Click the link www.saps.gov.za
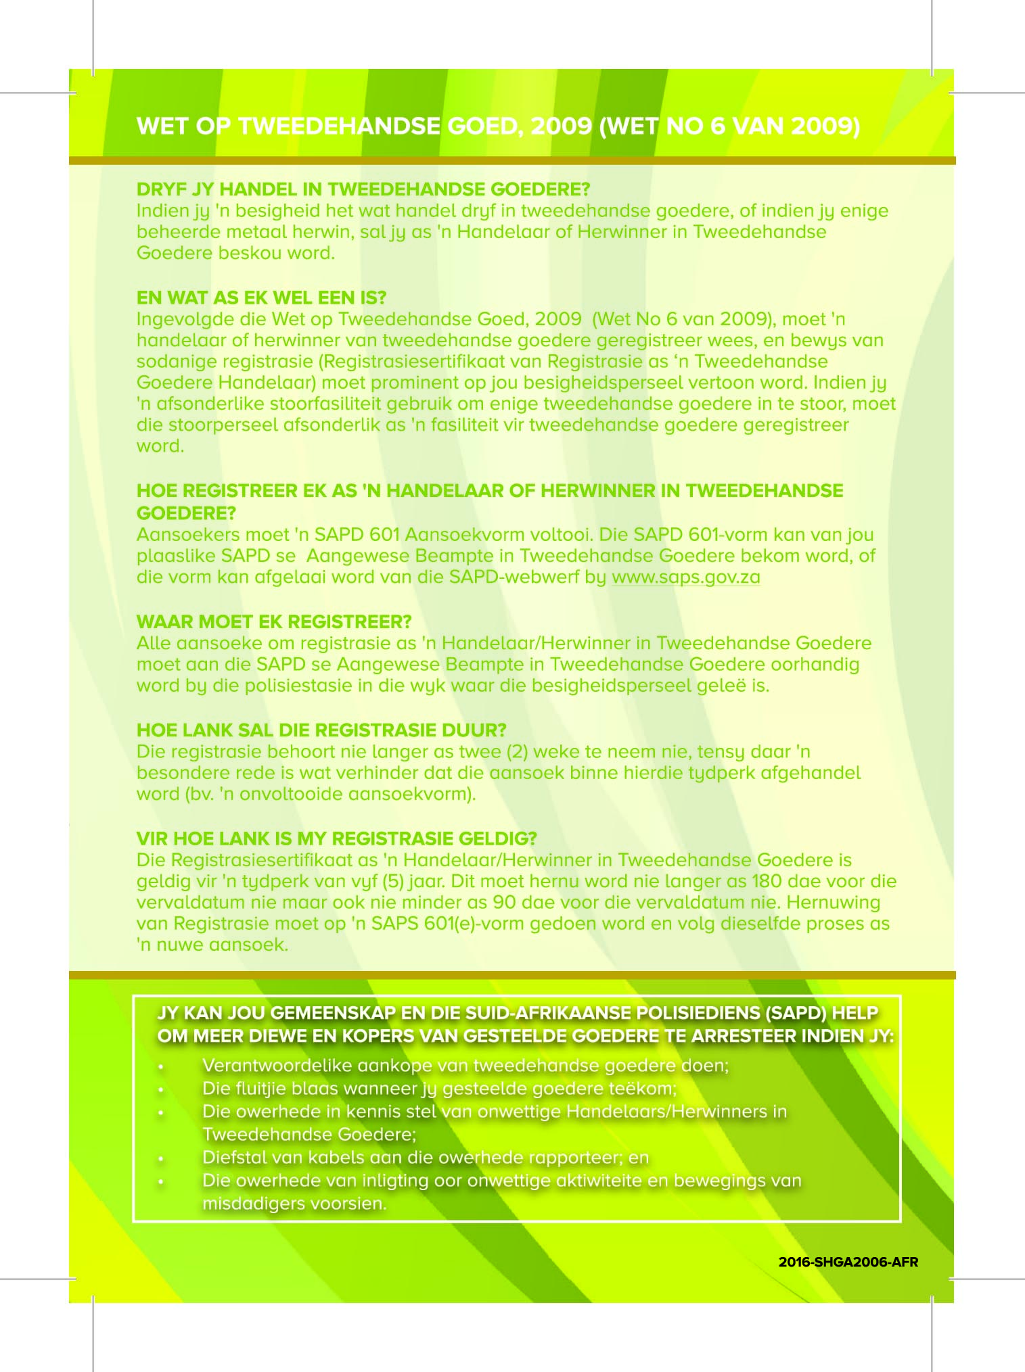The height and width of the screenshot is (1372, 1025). click(x=685, y=577)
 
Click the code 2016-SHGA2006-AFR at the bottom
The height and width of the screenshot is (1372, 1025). click(x=848, y=1262)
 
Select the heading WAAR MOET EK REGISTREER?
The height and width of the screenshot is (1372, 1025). click(x=274, y=621)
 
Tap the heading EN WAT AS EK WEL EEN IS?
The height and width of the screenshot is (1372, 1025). click(x=261, y=298)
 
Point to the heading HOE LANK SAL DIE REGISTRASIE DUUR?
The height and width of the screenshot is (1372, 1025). click(x=321, y=730)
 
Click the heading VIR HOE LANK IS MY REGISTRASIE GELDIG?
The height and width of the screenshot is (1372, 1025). click(x=336, y=838)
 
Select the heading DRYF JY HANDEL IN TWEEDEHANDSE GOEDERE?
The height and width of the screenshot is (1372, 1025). click(x=363, y=189)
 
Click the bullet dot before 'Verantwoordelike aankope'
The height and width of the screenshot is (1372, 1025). click(x=161, y=1067)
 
